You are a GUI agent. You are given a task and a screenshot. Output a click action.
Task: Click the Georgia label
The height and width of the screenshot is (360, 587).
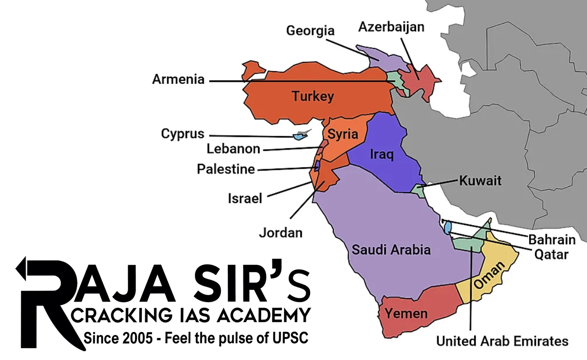tap(310, 30)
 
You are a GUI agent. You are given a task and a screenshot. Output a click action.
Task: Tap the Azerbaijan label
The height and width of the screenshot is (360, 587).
tap(391, 26)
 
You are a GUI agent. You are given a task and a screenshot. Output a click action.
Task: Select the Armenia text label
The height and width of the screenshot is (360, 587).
tap(178, 79)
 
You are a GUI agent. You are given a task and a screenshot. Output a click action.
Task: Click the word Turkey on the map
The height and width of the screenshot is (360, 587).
tap(313, 96)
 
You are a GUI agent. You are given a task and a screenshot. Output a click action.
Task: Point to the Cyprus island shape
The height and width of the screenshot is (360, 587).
tap(297, 136)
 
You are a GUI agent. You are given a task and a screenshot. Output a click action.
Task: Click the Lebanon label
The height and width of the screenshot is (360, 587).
tap(233, 149)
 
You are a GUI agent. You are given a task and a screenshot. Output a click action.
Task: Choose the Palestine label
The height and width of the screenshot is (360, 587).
tap(226, 169)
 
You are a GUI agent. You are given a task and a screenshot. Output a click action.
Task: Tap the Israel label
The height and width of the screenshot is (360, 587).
tap(245, 198)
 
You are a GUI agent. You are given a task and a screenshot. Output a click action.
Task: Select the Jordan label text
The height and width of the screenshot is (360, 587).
tap(281, 232)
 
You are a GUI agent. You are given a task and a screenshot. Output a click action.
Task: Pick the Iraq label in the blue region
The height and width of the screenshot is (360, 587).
tap(382, 154)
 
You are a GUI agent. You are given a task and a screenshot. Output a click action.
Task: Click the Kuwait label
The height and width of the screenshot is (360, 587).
tap(480, 180)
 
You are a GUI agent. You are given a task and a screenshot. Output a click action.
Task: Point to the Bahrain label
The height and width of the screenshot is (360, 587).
tap(552, 240)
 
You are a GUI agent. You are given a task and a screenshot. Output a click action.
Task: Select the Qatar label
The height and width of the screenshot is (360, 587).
tap(552, 254)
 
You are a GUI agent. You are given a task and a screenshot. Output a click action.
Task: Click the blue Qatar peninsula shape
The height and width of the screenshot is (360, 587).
tap(448, 227)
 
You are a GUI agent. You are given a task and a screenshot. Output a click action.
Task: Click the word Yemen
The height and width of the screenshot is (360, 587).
tap(406, 313)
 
